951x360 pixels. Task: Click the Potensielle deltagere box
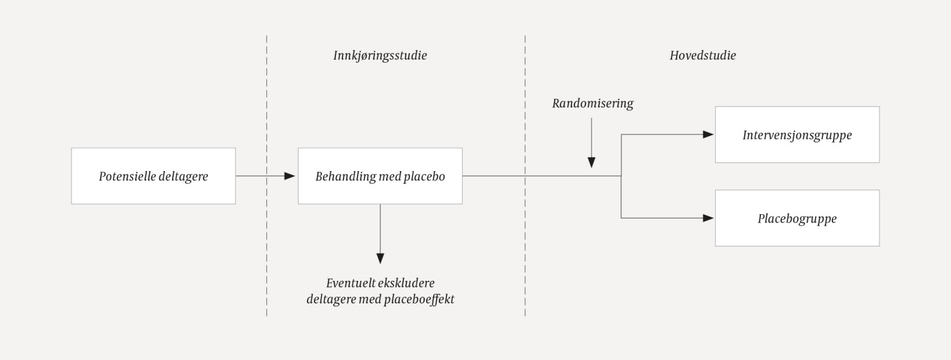pyautogui.click(x=153, y=176)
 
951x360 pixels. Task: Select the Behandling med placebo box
pyautogui.click(x=380, y=176)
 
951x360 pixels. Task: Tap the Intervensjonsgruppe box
pyautogui.click(x=797, y=134)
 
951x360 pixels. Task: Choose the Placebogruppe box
pyautogui.click(x=797, y=218)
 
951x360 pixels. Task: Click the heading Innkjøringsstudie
pyautogui.click(x=380, y=55)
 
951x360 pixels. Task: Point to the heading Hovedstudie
pyautogui.click(x=702, y=55)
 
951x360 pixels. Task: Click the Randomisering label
pyautogui.click(x=592, y=103)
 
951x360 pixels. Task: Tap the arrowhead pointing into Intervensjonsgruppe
pyautogui.click(x=709, y=134)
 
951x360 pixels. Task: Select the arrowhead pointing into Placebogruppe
pyautogui.click(x=709, y=218)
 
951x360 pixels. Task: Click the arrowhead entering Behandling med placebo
pyautogui.click(x=290, y=176)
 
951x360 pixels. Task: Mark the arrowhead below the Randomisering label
pyautogui.click(x=592, y=162)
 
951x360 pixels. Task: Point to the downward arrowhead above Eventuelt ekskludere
pyautogui.click(x=380, y=258)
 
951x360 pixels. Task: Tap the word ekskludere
pyautogui.click(x=408, y=283)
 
